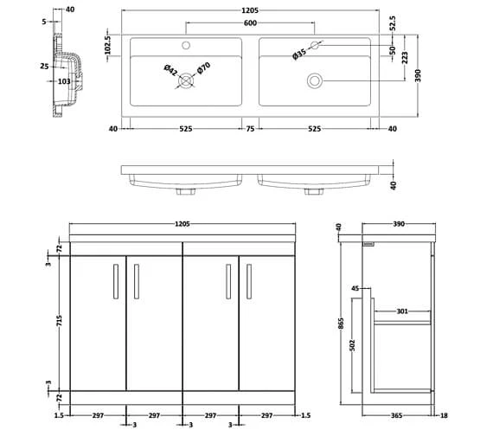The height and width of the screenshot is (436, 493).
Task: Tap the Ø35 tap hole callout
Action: tap(298, 54)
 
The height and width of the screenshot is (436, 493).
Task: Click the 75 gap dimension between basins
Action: tap(249, 129)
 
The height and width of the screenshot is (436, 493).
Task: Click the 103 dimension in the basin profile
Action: tap(63, 80)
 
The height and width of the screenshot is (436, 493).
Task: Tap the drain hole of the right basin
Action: tap(314, 80)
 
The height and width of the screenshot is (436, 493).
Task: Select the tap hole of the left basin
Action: tap(185, 43)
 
